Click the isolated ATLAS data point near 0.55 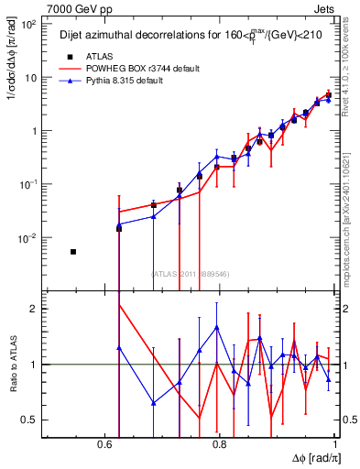point(73,251)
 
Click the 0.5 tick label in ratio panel point(31,420)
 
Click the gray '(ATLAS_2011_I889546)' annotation point(191,273)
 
